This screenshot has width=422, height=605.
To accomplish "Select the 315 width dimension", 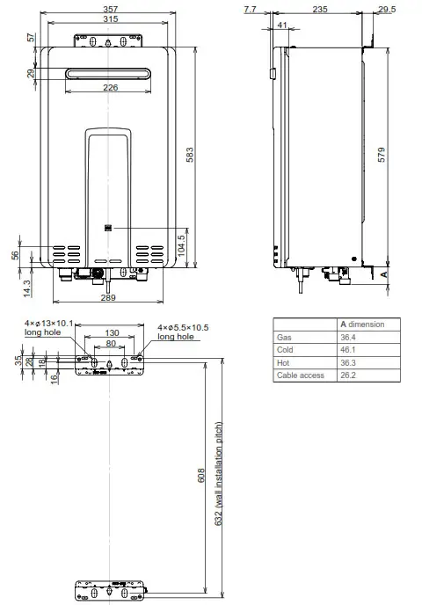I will click(110, 20).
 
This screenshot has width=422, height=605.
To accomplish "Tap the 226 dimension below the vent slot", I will click(110, 87).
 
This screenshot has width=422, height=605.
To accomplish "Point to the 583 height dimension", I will click(189, 155).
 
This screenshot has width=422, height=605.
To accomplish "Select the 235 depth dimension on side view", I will click(319, 11).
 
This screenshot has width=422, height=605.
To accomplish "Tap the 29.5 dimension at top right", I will click(386, 11).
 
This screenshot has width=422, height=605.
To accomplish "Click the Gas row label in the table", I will click(283, 337).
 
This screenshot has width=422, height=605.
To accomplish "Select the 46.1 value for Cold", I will click(349, 350).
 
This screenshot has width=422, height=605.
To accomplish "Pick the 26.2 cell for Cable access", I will click(349, 375).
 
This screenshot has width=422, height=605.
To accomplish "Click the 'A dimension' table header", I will click(362, 324).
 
